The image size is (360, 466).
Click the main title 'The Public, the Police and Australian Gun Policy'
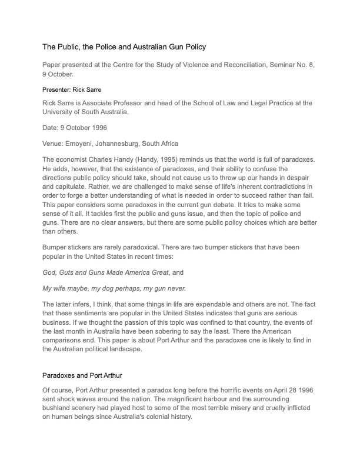[124, 46]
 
